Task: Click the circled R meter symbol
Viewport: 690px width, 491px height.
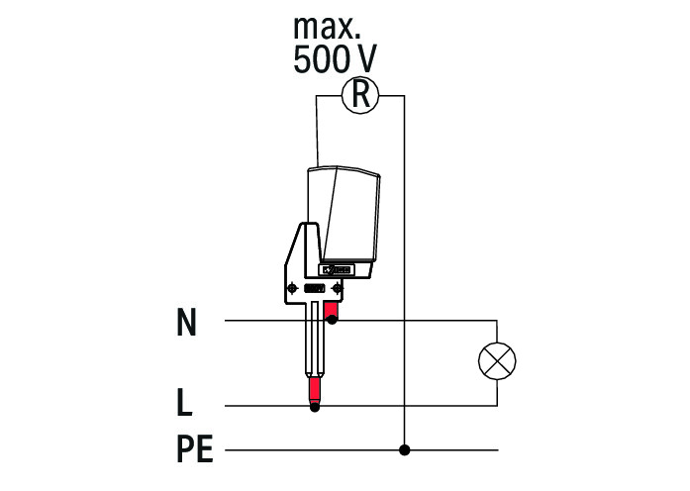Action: pos(360,95)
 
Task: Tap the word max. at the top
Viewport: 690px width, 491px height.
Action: pos(327,28)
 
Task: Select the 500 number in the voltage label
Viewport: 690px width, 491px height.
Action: pos(320,59)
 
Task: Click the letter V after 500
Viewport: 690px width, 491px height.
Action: pos(364,59)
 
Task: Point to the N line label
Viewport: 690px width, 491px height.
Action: pos(186,322)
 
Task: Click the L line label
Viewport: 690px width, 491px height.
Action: pos(184,402)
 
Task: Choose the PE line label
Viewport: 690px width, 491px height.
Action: pos(195,448)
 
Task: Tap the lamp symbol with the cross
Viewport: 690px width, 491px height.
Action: pos(497,360)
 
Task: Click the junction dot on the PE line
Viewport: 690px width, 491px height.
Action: pos(405,450)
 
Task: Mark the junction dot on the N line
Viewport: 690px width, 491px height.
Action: pos(333,321)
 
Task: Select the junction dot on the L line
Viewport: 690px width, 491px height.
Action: pos(315,408)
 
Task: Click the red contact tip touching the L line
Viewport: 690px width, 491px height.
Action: pos(314,391)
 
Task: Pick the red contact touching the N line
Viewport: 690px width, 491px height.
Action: pos(332,310)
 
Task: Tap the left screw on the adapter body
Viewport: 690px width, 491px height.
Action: pos(292,289)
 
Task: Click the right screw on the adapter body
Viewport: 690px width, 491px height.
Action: pos(337,289)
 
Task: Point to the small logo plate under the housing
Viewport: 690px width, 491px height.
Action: pos(337,269)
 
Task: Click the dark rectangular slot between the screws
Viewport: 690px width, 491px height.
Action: pos(315,289)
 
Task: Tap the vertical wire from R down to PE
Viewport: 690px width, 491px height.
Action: pos(405,273)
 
